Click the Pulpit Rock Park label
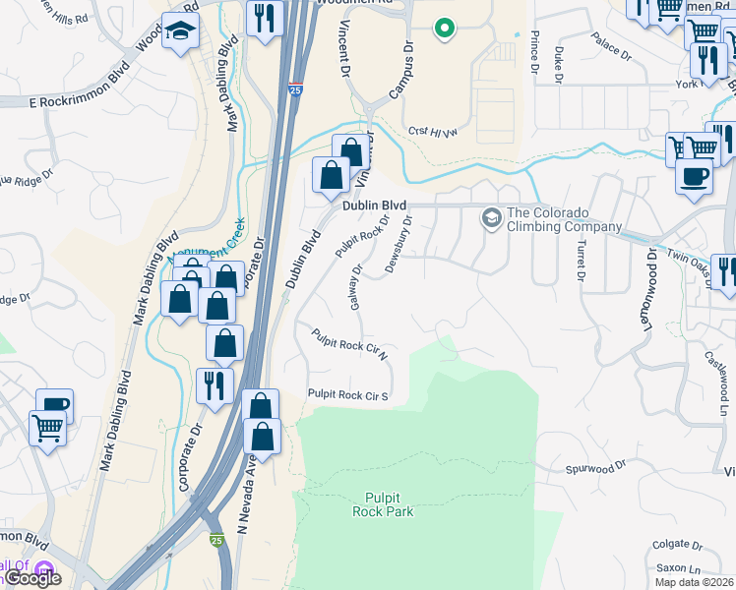(x=383, y=504)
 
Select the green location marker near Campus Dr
(x=445, y=29)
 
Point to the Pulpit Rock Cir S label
(x=348, y=395)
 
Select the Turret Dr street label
(x=582, y=261)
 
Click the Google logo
(x=31, y=578)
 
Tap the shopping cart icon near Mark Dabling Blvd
(x=48, y=427)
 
